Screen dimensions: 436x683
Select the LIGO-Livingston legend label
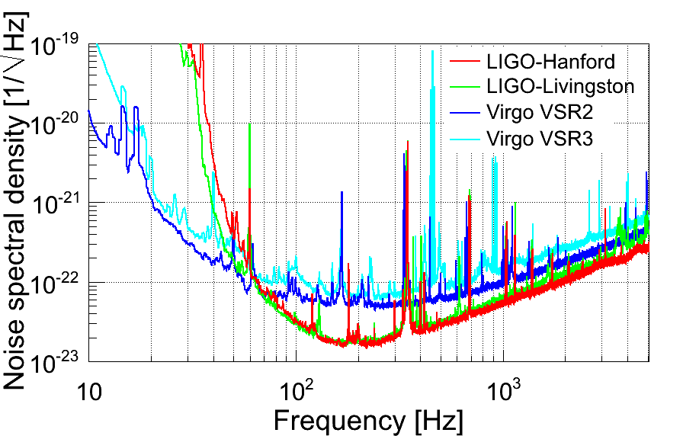pyautogui.click(x=560, y=86)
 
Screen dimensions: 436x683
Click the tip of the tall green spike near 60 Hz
pyautogui.click(x=249, y=124)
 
